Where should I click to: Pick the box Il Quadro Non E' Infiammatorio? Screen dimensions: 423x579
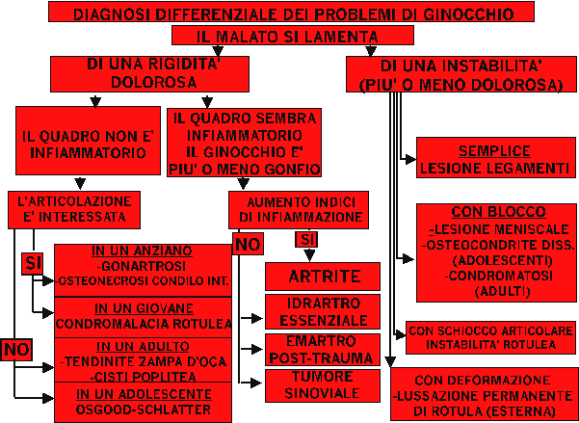tap(85, 145)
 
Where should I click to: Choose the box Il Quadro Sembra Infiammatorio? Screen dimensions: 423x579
tap(244, 143)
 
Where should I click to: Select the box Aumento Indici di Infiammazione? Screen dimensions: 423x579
tap(298, 209)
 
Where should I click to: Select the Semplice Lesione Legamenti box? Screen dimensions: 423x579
tap(494, 160)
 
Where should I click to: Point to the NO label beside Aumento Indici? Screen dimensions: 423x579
tap(248, 244)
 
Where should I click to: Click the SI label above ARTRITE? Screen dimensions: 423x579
tap(306, 239)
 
